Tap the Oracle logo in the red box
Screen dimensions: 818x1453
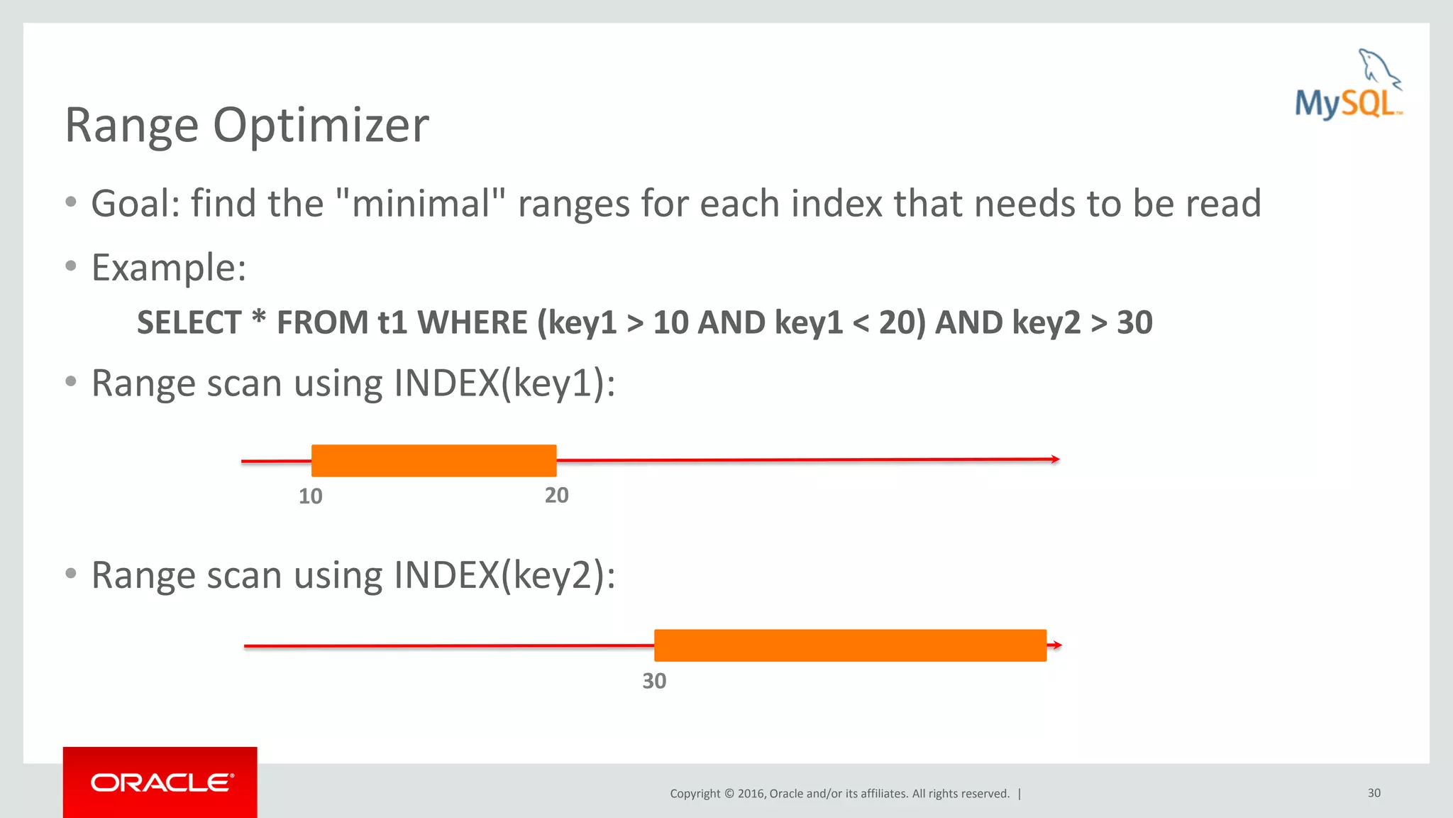161,782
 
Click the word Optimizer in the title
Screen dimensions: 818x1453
321,125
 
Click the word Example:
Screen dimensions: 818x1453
169,268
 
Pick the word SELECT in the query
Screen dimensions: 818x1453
189,322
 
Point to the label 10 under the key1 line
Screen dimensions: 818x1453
310,496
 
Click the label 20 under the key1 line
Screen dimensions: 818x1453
556,495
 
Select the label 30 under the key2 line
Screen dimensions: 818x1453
653,681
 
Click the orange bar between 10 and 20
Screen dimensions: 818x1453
433,461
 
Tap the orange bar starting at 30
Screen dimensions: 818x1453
850,645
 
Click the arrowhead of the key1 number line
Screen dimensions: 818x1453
1056,459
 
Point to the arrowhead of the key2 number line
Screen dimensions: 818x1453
1057,645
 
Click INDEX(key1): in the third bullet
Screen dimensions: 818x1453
504,383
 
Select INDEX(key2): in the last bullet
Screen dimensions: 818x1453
504,575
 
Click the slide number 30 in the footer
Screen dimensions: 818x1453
1374,793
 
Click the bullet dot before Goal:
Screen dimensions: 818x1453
71,202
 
